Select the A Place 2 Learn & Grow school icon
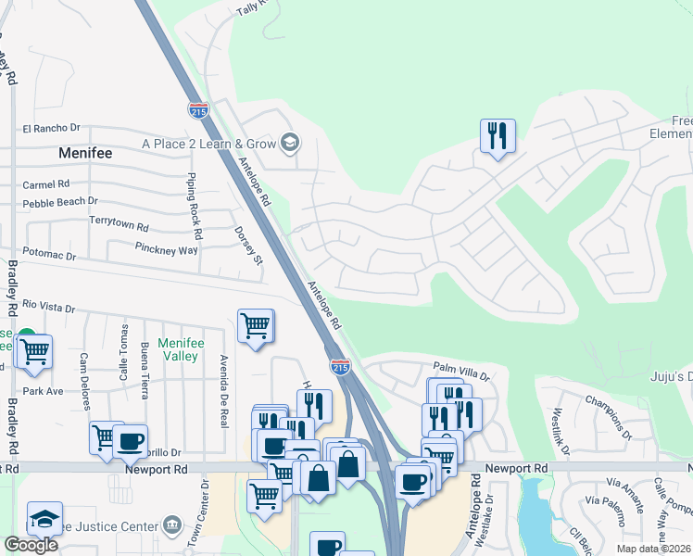(x=290, y=143)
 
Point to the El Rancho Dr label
(x=52, y=128)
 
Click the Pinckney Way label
(x=166, y=250)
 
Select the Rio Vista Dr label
(x=48, y=305)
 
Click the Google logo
(x=31, y=545)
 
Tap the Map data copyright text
(x=652, y=549)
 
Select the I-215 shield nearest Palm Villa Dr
(x=340, y=367)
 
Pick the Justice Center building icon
(x=173, y=526)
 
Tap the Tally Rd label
(x=251, y=7)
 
